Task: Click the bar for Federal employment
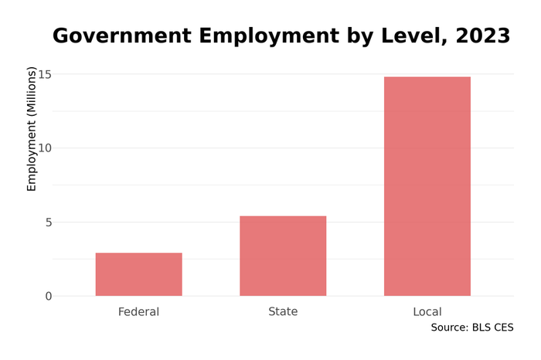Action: [x=138, y=274]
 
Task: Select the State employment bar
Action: [x=283, y=256]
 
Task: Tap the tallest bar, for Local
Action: [x=427, y=186]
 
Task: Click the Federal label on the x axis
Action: [x=138, y=312]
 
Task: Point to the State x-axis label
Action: [x=283, y=312]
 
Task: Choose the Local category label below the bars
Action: [x=427, y=312]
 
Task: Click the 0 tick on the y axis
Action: [x=47, y=296]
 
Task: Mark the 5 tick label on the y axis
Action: [x=47, y=222]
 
